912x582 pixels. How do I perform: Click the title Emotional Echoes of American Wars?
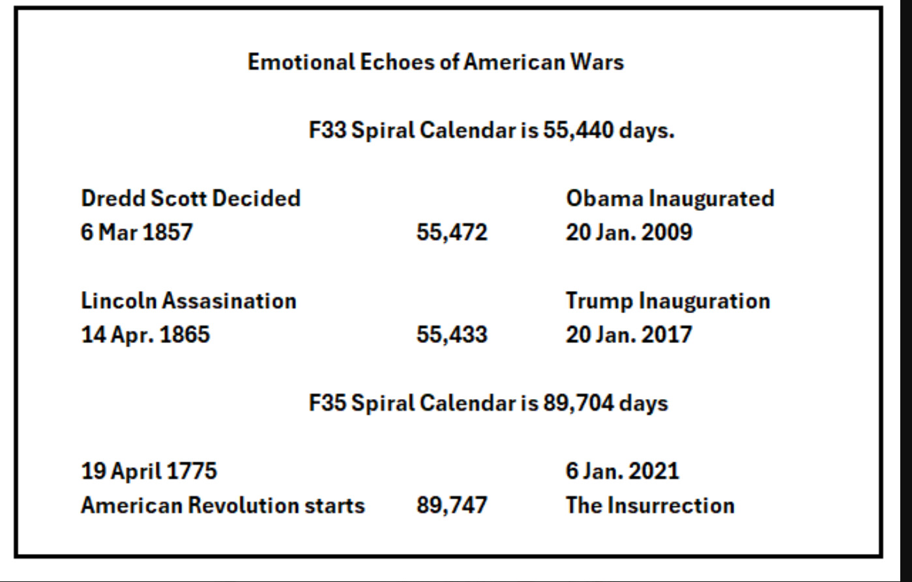tap(435, 62)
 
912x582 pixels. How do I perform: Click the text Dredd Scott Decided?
tap(190, 198)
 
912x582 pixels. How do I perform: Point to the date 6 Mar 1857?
tap(137, 232)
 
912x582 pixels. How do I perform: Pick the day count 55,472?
tap(452, 232)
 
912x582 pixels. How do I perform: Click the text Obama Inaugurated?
tap(669, 198)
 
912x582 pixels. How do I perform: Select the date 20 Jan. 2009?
tap(628, 232)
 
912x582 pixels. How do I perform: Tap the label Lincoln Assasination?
tap(188, 301)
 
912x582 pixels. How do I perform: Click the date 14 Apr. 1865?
tap(145, 335)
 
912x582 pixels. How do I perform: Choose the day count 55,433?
tap(452, 335)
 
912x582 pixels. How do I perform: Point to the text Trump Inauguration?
tap(668, 301)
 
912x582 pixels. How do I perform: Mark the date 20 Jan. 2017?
tap(628, 335)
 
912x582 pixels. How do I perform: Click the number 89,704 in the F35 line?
tap(578, 403)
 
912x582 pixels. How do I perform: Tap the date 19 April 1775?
tap(149, 471)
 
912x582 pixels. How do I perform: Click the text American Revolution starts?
tap(222, 505)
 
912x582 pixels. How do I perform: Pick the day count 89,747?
tap(452, 505)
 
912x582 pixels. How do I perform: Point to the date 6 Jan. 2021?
tap(622, 471)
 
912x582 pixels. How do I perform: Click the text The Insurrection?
tap(650, 505)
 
